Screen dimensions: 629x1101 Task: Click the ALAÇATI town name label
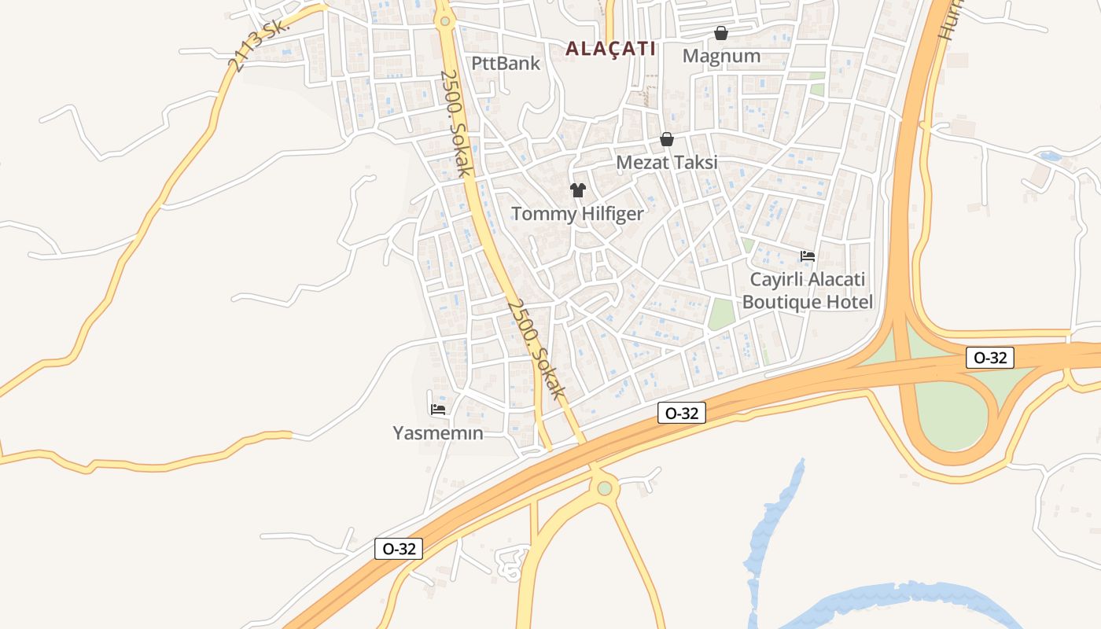pos(610,49)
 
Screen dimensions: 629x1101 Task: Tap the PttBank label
pos(506,63)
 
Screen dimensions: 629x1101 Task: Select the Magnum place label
pos(721,56)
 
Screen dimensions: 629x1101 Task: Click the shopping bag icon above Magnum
pos(720,33)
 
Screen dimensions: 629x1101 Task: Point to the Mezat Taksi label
pos(667,163)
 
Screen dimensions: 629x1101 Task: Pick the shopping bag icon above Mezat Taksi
pos(667,139)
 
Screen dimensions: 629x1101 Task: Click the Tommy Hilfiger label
pos(577,214)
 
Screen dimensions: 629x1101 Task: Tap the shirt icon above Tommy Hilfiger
pos(578,189)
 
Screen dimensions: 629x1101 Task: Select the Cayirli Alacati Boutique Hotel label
pos(808,291)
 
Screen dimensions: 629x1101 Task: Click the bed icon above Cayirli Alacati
pos(808,256)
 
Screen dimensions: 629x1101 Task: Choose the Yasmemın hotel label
pos(438,433)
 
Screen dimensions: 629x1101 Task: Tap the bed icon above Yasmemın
pos(438,409)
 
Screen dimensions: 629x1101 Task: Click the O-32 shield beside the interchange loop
pos(990,358)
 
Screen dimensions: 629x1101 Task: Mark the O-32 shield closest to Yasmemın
pos(399,549)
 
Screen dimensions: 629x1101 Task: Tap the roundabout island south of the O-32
pos(604,488)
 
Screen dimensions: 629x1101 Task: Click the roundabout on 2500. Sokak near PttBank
pos(445,20)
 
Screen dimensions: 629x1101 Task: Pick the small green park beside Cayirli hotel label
pos(720,314)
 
